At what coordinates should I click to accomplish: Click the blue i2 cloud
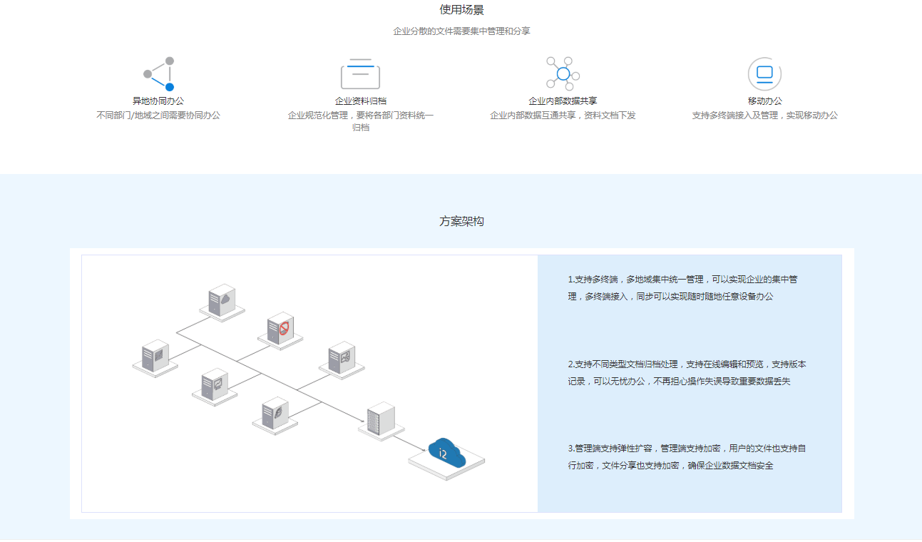(446, 452)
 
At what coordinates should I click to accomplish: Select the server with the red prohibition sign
(280, 328)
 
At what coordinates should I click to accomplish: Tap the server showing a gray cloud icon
(222, 300)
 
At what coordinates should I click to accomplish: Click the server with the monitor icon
(214, 385)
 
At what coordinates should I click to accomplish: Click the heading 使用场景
(461, 10)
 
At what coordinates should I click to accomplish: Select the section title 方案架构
(461, 221)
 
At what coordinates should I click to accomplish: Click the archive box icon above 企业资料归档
(360, 73)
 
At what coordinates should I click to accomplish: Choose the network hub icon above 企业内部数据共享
(563, 73)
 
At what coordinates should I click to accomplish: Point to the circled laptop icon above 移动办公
(764, 73)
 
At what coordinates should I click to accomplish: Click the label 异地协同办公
(158, 101)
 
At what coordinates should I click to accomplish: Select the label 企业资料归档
(361, 101)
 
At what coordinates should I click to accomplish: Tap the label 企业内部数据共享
(563, 101)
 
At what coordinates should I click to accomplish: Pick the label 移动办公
(765, 101)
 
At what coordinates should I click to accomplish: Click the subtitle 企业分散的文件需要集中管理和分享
(461, 31)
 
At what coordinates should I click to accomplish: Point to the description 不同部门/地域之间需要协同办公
(158, 116)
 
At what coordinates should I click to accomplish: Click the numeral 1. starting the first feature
(571, 280)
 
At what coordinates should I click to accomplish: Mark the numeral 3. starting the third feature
(571, 449)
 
